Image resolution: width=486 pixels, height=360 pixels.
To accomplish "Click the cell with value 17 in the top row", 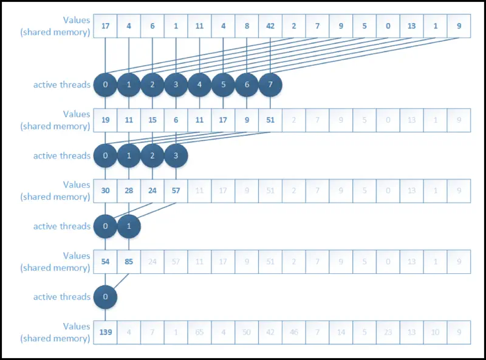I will [105, 26].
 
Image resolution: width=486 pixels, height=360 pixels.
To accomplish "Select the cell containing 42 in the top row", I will [270, 26].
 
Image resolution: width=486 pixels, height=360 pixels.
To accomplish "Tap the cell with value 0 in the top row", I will [388, 26].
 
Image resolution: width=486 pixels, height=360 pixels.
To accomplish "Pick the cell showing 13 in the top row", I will [411, 26].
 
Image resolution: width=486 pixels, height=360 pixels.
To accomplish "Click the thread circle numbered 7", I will [270, 85].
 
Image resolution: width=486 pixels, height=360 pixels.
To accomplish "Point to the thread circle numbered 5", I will [223, 85].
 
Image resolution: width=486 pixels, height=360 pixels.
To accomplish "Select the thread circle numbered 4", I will [199, 85].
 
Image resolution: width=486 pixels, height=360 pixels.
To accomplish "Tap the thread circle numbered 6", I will [247, 85].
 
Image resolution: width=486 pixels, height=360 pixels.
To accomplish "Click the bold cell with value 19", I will [105, 120].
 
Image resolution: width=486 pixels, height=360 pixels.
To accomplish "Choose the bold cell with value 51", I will [270, 120].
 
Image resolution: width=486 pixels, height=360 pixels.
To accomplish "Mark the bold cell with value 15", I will [152, 120].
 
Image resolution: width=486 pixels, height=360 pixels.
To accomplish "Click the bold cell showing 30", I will [105, 191].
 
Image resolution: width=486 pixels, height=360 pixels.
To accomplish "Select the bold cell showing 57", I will [176, 191].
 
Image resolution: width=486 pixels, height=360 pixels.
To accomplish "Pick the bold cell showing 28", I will [129, 191].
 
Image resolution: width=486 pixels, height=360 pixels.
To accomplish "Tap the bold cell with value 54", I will [105, 262].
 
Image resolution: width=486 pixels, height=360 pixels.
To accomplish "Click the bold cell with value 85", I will [129, 262].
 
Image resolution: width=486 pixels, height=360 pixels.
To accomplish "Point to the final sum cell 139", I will [105, 332].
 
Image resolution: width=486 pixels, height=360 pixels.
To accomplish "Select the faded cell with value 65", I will [199, 332].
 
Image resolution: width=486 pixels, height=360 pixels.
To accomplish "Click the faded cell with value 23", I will [388, 332].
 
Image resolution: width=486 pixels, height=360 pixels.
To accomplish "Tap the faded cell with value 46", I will [293, 332].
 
